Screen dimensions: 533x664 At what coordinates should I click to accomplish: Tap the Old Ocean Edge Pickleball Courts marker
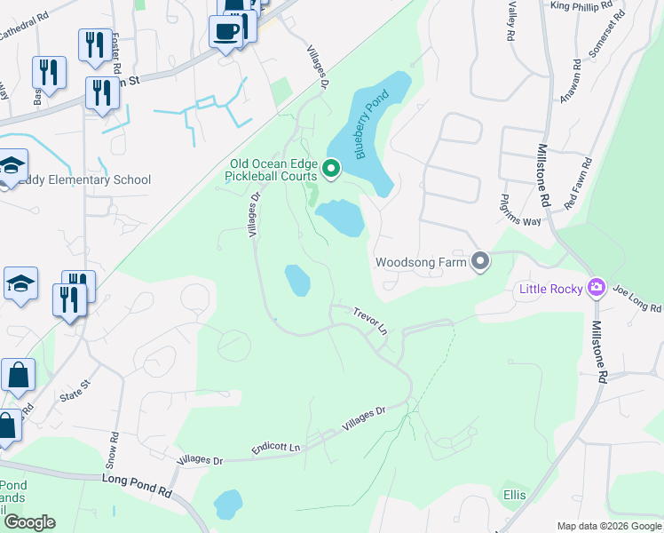(x=331, y=168)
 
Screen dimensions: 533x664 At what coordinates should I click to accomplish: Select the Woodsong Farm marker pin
(x=480, y=261)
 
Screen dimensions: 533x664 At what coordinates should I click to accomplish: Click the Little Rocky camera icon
(x=597, y=287)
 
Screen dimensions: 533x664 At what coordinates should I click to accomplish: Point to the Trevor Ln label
(x=370, y=321)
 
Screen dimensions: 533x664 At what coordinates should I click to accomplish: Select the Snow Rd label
(x=114, y=451)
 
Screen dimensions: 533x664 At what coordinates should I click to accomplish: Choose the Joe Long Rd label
(x=637, y=300)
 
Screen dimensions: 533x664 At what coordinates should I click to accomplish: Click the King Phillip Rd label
(x=581, y=5)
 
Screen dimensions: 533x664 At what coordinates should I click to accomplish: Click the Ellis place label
(x=514, y=494)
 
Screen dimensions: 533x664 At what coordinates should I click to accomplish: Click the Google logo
(x=28, y=522)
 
